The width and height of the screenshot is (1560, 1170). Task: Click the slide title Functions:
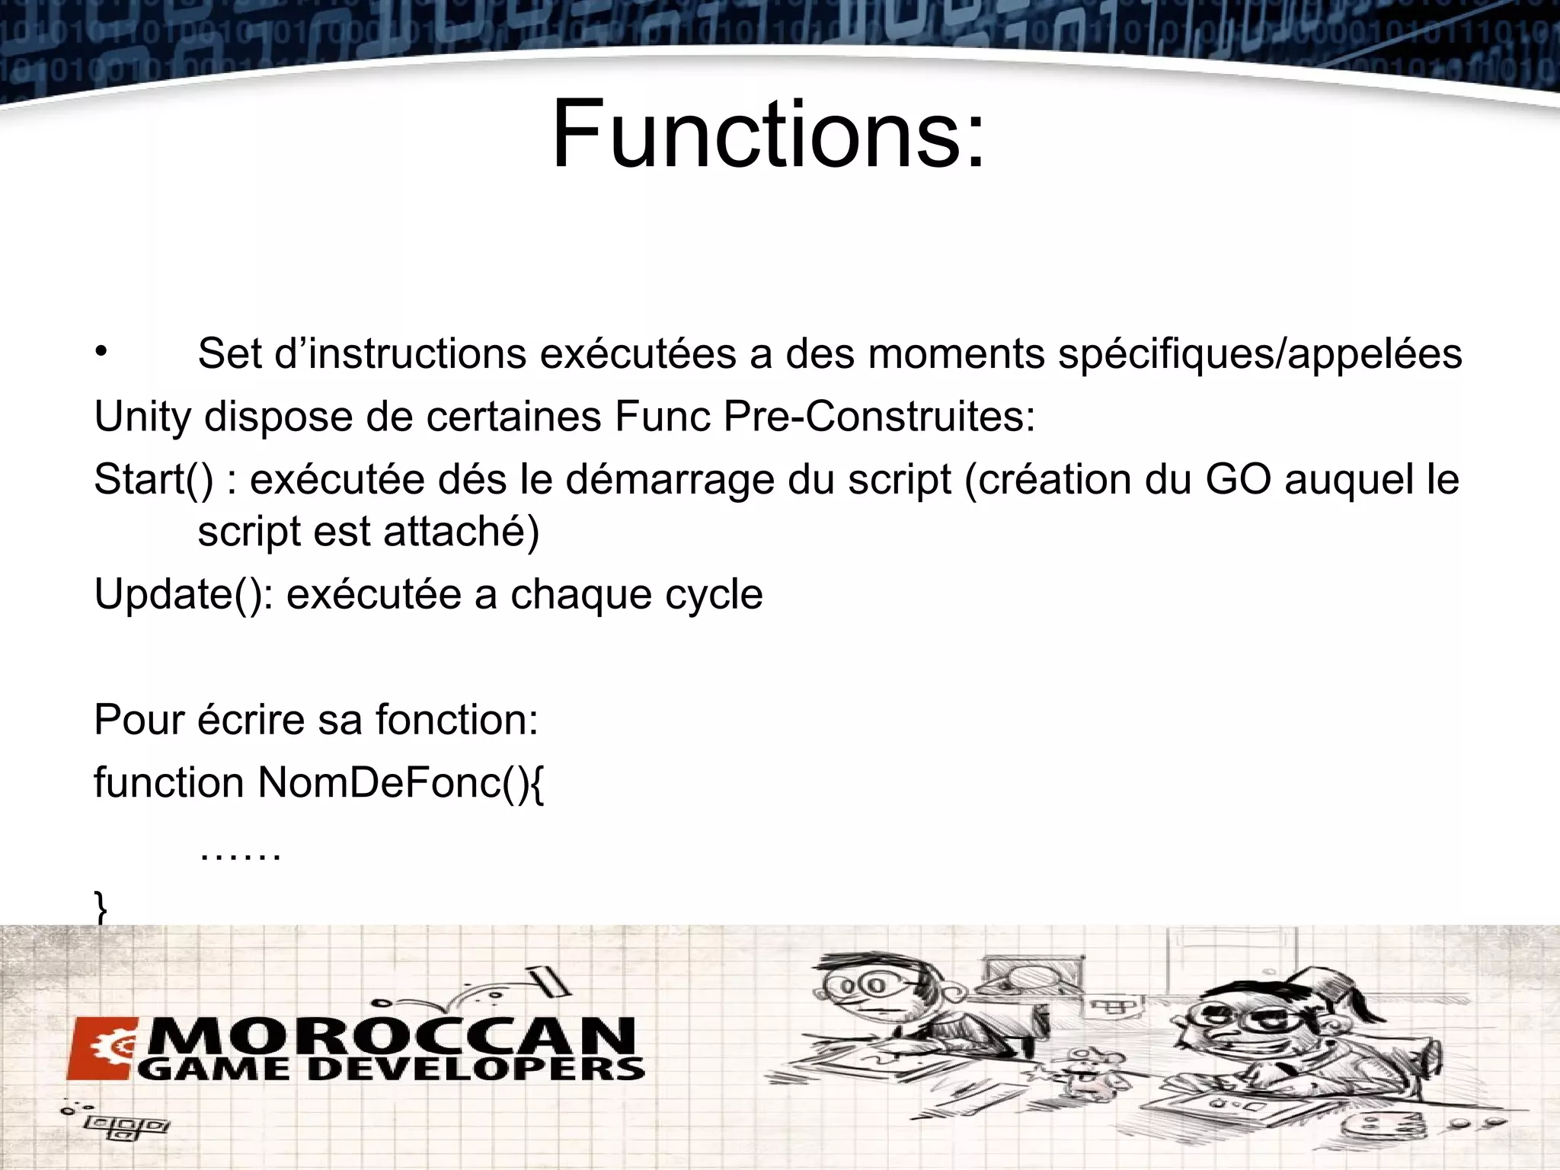pos(768,136)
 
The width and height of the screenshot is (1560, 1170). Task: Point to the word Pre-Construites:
pos(879,417)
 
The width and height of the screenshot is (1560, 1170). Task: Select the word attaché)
pos(461,532)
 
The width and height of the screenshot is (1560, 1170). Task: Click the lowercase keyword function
pos(168,783)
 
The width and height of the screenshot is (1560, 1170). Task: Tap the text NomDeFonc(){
pos(401,784)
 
